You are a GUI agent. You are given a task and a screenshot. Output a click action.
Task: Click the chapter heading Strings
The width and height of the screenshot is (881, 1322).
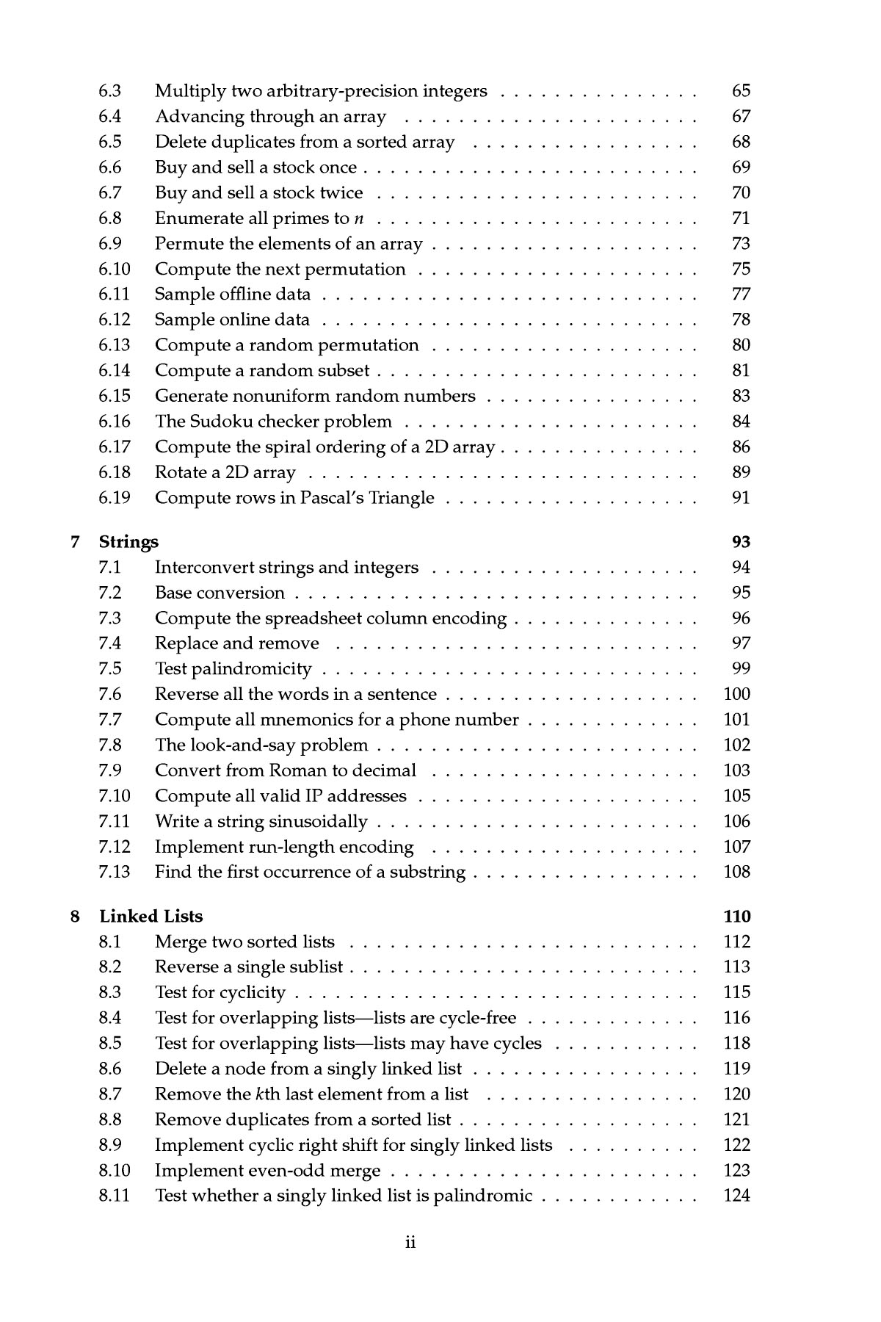click(128, 542)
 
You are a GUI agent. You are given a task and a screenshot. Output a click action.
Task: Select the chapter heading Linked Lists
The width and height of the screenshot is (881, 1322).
click(151, 916)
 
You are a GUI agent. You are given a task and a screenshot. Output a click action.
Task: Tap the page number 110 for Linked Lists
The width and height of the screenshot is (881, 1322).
click(737, 916)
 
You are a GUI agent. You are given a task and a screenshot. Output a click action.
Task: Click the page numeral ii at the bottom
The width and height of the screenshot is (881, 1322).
click(410, 1243)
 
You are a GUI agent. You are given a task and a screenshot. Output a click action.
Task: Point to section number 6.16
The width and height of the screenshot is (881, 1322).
click(114, 422)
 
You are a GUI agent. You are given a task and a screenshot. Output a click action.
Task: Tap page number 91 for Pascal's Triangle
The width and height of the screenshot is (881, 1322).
click(742, 498)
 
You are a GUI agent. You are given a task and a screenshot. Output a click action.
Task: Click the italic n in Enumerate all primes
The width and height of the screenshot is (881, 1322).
click(359, 219)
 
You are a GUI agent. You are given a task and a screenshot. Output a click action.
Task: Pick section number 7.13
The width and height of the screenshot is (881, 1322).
click(114, 872)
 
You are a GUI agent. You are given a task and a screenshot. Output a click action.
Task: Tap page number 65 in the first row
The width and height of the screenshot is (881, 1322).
click(742, 91)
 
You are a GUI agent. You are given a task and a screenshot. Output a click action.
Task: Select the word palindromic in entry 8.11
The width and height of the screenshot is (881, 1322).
click(482, 1196)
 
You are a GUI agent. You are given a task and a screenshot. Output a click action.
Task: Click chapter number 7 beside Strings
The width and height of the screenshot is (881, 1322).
click(74, 542)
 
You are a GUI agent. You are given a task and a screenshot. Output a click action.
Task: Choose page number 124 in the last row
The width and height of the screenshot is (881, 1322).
click(737, 1196)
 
